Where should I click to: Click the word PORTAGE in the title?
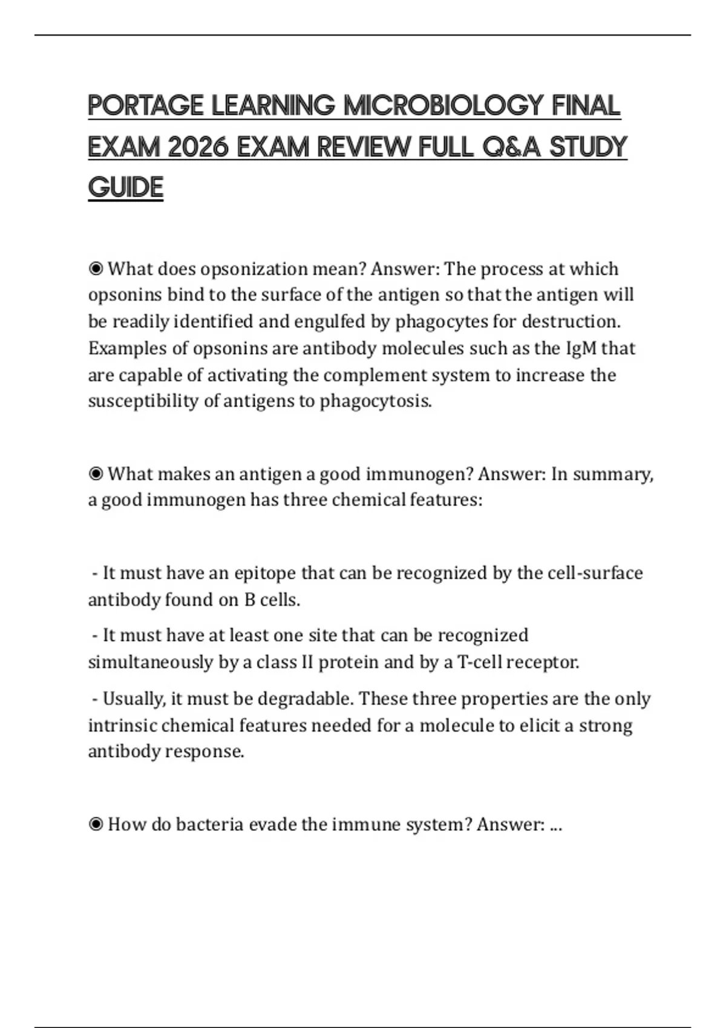tap(146, 106)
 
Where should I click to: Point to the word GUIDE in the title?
tap(126, 187)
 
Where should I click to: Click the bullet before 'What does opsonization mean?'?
tap(96, 268)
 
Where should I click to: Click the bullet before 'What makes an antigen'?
tap(96, 473)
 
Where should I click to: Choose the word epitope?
tap(264, 573)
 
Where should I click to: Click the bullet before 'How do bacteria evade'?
tap(96, 824)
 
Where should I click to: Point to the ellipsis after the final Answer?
tap(556, 826)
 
